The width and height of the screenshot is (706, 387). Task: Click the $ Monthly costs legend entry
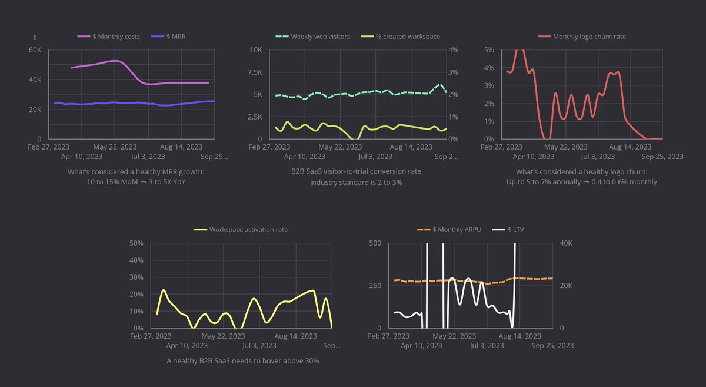pos(109,37)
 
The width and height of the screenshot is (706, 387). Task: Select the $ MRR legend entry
pos(168,37)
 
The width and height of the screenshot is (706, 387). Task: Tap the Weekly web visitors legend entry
pos(312,37)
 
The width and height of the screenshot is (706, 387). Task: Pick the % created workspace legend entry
pos(400,37)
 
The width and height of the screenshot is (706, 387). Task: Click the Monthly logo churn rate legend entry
pos(582,37)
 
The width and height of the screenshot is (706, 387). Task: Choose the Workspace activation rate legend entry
pos(241,230)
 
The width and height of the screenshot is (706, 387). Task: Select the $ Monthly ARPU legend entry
pos(449,230)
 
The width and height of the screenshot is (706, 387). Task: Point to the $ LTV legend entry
pos(508,230)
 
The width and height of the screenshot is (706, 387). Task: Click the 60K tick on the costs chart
pos(35,50)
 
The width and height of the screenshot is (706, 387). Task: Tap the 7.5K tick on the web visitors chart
pos(255,72)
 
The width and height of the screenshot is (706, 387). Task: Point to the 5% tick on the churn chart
pos(489,50)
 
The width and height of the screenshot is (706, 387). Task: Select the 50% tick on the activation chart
pos(136,243)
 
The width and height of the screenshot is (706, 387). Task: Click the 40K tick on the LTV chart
pos(566,243)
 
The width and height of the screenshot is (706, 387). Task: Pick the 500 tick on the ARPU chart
pos(375,243)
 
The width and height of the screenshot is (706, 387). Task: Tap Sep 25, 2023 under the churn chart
pos(662,157)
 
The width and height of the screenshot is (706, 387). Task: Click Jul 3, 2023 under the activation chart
pos(259,346)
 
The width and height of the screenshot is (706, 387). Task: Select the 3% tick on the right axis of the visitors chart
pos(453,72)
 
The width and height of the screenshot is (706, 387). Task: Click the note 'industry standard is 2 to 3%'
pos(356,183)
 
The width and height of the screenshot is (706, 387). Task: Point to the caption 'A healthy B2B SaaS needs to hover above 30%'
pos(242,361)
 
